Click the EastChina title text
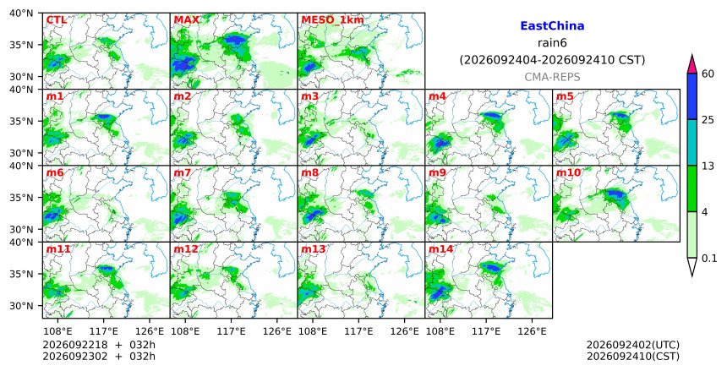point(552,26)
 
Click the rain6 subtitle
point(552,43)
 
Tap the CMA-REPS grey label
point(552,77)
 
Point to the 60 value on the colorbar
point(708,74)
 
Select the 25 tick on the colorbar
point(708,120)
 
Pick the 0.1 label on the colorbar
point(710,259)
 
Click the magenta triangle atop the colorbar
point(691,64)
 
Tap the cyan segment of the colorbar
point(691,142)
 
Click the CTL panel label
point(56,20)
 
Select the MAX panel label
point(186,20)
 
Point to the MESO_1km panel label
point(332,20)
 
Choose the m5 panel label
point(565,96)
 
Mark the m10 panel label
point(568,172)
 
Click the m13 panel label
point(314,249)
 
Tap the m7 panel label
point(183,172)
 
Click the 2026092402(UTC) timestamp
point(633,345)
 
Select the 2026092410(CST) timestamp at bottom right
point(633,356)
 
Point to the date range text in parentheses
point(552,60)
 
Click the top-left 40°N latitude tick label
point(21,13)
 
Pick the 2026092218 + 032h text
point(99,345)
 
